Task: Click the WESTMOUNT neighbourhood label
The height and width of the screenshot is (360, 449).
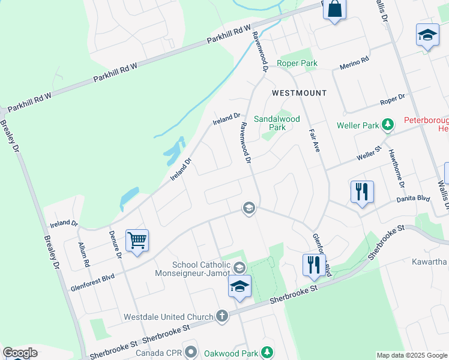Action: tap(299, 93)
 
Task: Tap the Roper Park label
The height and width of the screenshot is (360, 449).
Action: tap(297, 64)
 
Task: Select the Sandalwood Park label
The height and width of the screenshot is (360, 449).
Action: tap(277, 123)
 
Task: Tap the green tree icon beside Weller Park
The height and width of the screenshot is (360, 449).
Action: tap(388, 125)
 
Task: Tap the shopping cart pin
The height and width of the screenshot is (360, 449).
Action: tap(137, 241)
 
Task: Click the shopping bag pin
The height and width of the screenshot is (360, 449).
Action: tap(335, 10)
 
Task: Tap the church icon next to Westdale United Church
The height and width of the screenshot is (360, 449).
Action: tap(221, 316)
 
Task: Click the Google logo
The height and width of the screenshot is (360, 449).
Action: tap(20, 352)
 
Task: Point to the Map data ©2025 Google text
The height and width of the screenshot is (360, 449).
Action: tap(412, 355)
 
